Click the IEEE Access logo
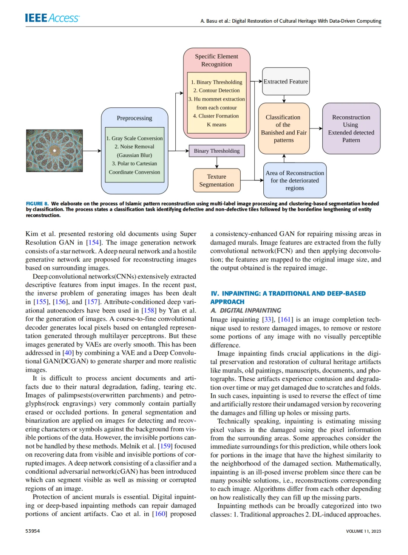pyautogui.click(x=52, y=18)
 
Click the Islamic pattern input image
pyautogui.click(x=54, y=151)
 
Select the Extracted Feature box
pyautogui.click(x=286, y=82)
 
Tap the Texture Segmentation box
pyautogui.click(x=216, y=181)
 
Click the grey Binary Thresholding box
pyautogui.click(x=216, y=151)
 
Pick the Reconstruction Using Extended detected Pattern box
pyautogui.click(x=351, y=128)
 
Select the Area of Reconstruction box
pyautogui.click(x=295, y=180)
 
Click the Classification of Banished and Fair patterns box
pyautogui.click(x=284, y=128)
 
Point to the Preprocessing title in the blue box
pyautogui.click(x=134, y=118)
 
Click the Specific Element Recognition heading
pyautogui.click(x=216, y=60)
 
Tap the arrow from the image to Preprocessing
pyautogui.click(x=92, y=151)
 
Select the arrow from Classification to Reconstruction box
pyautogui.click(x=316, y=128)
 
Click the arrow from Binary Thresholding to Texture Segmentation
pyautogui.click(x=217, y=162)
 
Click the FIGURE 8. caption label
pyautogui.click(x=37, y=204)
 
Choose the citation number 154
pyautogui.click(x=93, y=243)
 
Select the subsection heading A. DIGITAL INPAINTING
pyautogui.click(x=246, y=311)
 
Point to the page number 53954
pyautogui.click(x=32, y=531)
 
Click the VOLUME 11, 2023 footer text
pyautogui.click(x=363, y=531)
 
